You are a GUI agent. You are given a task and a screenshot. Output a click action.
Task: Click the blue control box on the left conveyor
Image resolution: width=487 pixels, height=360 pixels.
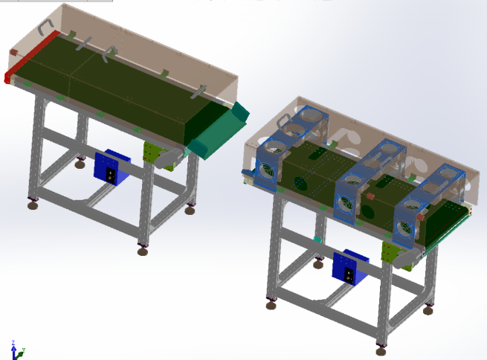[111, 167]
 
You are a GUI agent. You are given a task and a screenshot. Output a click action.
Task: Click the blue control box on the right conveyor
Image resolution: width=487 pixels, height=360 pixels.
[349, 268]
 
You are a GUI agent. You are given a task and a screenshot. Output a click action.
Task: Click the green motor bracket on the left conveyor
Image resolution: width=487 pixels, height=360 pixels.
[153, 155]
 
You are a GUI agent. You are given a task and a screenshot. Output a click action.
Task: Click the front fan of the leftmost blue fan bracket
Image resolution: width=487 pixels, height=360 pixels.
[266, 170]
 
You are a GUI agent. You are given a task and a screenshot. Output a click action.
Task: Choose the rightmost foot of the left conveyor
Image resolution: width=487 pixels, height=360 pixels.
[190, 210]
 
